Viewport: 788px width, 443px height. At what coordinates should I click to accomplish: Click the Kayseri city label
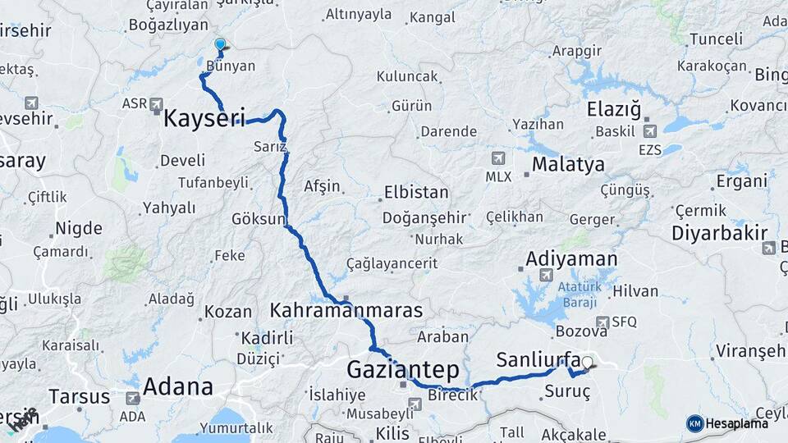(x=204, y=118)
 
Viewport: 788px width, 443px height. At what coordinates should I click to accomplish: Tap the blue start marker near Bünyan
(x=219, y=45)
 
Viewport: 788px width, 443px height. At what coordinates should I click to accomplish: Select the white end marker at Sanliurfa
(x=587, y=362)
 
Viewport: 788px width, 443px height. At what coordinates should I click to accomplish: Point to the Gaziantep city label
(x=402, y=368)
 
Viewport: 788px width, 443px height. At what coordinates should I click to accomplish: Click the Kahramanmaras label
(x=346, y=311)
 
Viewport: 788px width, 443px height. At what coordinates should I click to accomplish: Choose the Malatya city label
(x=568, y=164)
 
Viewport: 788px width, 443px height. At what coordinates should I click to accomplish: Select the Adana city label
(x=178, y=386)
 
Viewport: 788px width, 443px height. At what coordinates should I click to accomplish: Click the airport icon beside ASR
(x=158, y=105)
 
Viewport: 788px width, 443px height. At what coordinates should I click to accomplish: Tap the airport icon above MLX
(x=497, y=158)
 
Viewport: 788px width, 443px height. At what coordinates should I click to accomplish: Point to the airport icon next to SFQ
(x=603, y=322)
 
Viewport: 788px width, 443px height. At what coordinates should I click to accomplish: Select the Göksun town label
(x=259, y=220)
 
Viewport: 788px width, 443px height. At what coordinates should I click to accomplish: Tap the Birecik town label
(x=452, y=395)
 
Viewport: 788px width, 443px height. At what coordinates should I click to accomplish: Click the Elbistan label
(x=415, y=193)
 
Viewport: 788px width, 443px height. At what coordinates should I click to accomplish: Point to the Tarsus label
(x=79, y=397)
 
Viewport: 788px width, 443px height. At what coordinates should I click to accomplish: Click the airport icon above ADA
(x=133, y=398)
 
